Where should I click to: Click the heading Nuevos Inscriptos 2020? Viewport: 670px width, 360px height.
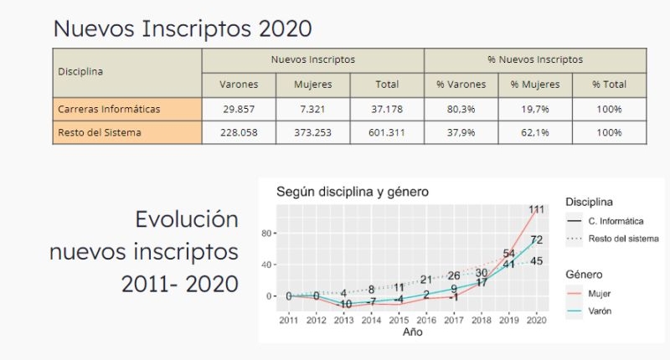pyautogui.click(x=183, y=28)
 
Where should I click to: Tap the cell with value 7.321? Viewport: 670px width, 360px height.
pyautogui.click(x=313, y=110)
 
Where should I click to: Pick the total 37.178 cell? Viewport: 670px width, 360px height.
pyautogui.click(x=387, y=110)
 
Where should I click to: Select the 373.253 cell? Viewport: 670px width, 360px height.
pyautogui.click(x=313, y=132)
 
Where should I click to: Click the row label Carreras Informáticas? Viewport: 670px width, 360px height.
pyautogui.click(x=109, y=110)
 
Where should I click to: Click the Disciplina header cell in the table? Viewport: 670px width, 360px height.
pyautogui.click(x=80, y=72)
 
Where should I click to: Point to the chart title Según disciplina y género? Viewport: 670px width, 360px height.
pyautogui.click(x=353, y=192)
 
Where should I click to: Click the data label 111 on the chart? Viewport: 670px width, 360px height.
pyautogui.click(x=536, y=209)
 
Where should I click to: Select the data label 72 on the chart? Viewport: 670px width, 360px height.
pyautogui.click(x=537, y=240)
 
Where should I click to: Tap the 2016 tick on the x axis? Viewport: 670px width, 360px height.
pyautogui.click(x=426, y=319)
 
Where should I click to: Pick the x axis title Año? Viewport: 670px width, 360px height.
pyautogui.click(x=412, y=332)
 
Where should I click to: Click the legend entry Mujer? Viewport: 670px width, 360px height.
pyautogui.click(x=600, y=294)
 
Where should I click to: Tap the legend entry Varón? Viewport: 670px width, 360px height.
pyautogui.click(x=601, y=312)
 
